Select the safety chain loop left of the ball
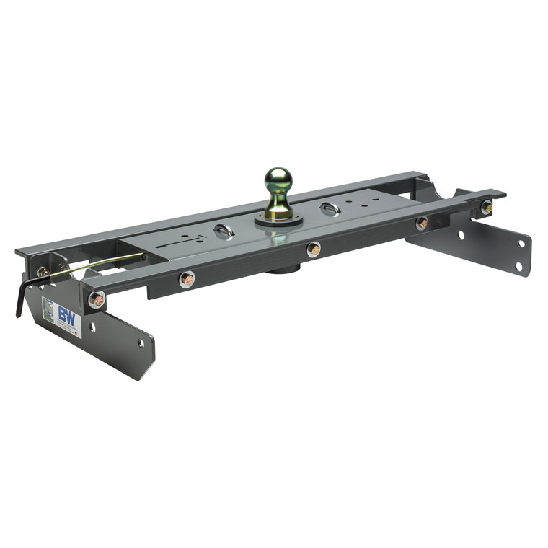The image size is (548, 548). point(224,232)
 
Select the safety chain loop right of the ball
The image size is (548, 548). point(329,209)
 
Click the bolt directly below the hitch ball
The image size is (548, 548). point(313,249)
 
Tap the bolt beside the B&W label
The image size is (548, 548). point(96,299)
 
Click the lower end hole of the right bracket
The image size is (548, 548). point(518,266)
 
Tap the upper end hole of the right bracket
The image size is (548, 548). point(520,243)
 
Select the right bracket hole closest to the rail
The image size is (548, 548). point(461,235)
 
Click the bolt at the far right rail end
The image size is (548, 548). point(487,208)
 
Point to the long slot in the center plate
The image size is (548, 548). point(177,244)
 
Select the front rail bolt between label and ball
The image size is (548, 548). point(187,279)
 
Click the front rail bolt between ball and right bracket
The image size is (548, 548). point(422,224)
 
